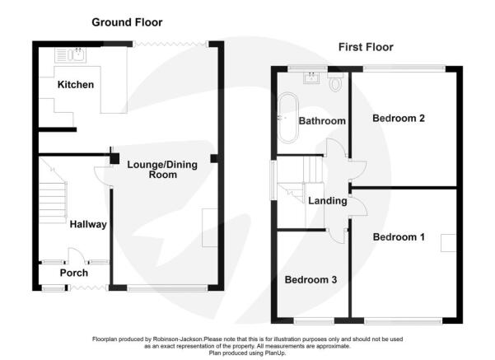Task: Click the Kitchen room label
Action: tap(76, 85)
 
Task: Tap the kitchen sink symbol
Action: tap(70, 55)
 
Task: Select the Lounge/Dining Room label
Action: tap(162, 170)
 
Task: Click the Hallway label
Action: tap(88, 224)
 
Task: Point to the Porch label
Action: tap(74, 273)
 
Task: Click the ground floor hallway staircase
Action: tap(53, 196)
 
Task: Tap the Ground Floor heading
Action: tap(127, 22)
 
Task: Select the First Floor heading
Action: tap(366, 48)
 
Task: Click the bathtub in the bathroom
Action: tap(288, 118)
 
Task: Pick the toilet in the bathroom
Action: tap(335, 82)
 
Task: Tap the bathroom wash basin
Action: tap(311, 77)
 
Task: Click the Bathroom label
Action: tap(322, 121)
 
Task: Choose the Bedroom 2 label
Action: tap(399, 119)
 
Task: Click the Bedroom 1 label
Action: tap(399, 237)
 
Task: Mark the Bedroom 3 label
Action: tap(311, 280)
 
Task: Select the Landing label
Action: tap(327, 201)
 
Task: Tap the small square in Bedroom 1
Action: tap(448, 243)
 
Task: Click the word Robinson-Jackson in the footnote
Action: tap(178, 339)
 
